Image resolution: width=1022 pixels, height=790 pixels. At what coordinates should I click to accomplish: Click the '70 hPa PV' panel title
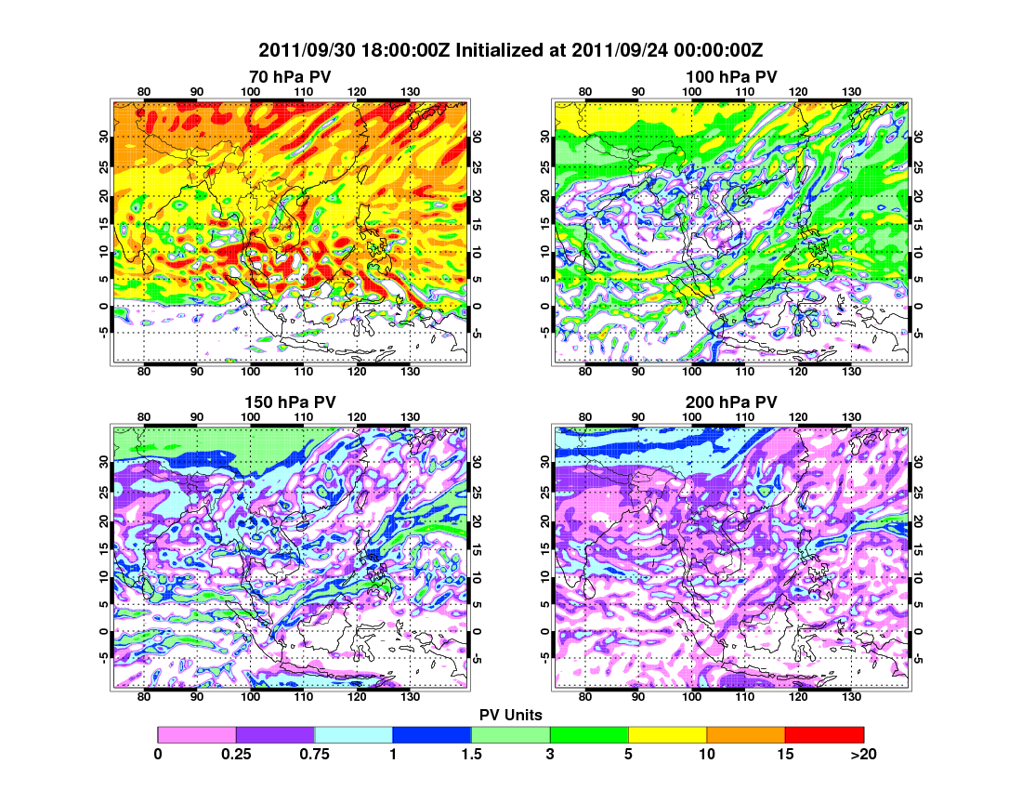coord(290,76)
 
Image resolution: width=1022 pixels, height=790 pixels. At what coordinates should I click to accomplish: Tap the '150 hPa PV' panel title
coord(290,402)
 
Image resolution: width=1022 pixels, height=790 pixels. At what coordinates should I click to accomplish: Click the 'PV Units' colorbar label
coord(511,715)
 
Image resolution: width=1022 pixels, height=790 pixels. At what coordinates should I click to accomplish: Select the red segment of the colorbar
coord(824,735)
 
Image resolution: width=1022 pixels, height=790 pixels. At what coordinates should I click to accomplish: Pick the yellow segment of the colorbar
coord(667,735)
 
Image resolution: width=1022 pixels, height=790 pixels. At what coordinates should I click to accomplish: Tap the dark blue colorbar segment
coord(432,735)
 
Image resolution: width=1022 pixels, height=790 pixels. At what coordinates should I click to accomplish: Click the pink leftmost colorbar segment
coord(197,735)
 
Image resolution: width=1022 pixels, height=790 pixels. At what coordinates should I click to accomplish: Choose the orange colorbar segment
coord(746,735)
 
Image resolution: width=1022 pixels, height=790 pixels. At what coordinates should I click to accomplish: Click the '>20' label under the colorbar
coord(862,755)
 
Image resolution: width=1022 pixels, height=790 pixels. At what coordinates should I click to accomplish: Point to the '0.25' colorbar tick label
coord(236,755)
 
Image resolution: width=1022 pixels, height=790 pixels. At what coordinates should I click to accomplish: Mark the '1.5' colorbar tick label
coord(471,755)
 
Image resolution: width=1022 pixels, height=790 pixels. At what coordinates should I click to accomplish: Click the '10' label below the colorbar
coord(707,755)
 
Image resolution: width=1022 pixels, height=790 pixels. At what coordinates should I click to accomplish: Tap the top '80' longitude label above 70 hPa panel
coord(144,90)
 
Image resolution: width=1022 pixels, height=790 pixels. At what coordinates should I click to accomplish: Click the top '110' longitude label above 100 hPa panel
coord(744,90)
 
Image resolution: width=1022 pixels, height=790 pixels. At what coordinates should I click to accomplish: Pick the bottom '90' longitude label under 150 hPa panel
coord(197,696)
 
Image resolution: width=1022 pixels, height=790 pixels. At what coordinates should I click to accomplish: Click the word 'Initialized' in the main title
coord(498,49)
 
